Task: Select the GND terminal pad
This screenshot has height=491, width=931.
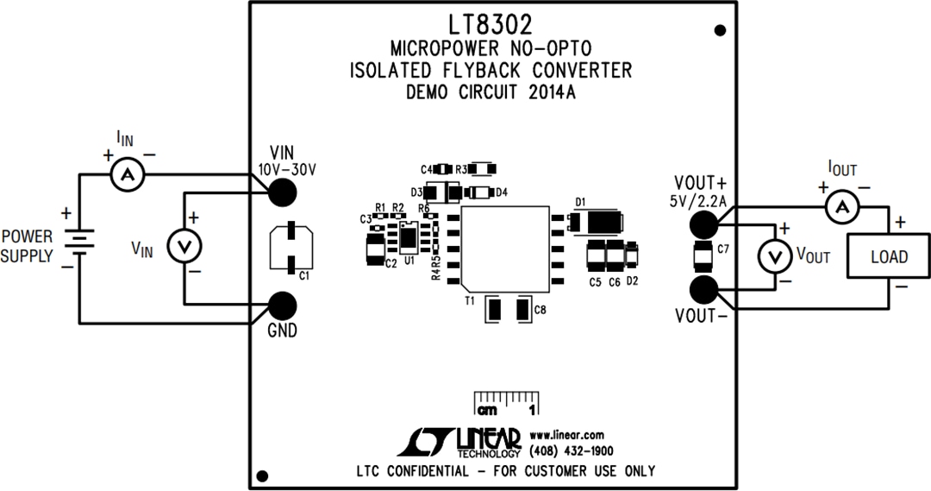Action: point(281,305)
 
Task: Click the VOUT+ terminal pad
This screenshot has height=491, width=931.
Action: point(703,224)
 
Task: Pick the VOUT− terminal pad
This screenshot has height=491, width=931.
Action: point(703,289)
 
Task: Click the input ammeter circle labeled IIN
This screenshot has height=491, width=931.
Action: point(128,175)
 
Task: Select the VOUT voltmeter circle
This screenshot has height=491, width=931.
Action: point(773,256)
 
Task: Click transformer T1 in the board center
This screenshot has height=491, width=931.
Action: point(506,247)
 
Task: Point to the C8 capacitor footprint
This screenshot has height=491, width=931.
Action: point(509,309)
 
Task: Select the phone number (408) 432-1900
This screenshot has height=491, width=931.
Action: point(572,450)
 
